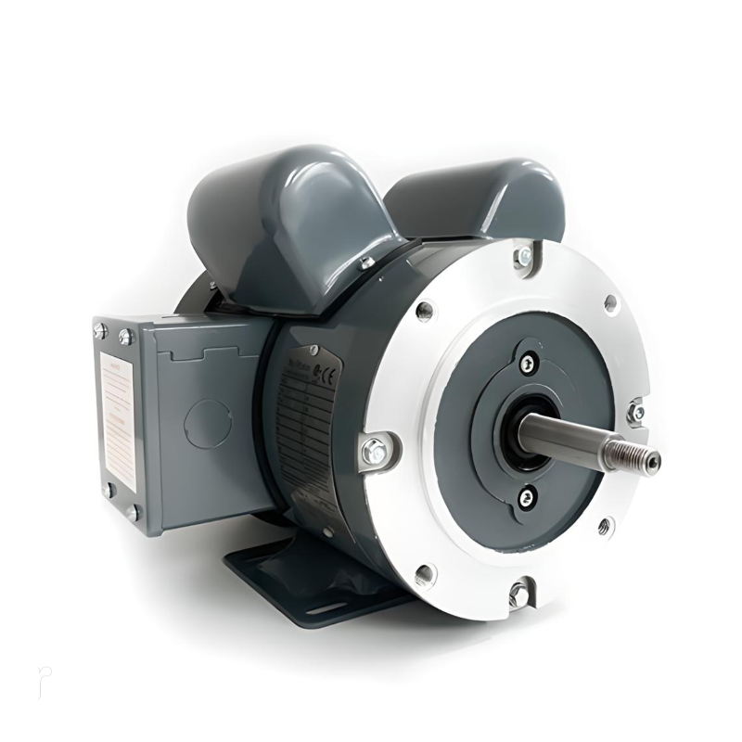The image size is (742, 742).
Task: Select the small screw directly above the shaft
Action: click(x=528, y=363)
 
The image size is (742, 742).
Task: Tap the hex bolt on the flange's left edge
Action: click(x=376, y=452)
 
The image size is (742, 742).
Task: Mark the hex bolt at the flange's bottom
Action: click(x=520, y=592)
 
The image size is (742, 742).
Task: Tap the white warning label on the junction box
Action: click(x=117, y=408)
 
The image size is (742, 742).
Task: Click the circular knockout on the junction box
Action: click(x=207, y=423)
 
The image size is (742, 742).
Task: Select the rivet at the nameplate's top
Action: click(x=314, y=350)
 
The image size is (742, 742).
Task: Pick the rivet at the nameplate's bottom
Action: click(x=327, y=531)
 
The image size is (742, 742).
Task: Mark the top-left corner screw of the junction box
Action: click(x=100, y=330)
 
